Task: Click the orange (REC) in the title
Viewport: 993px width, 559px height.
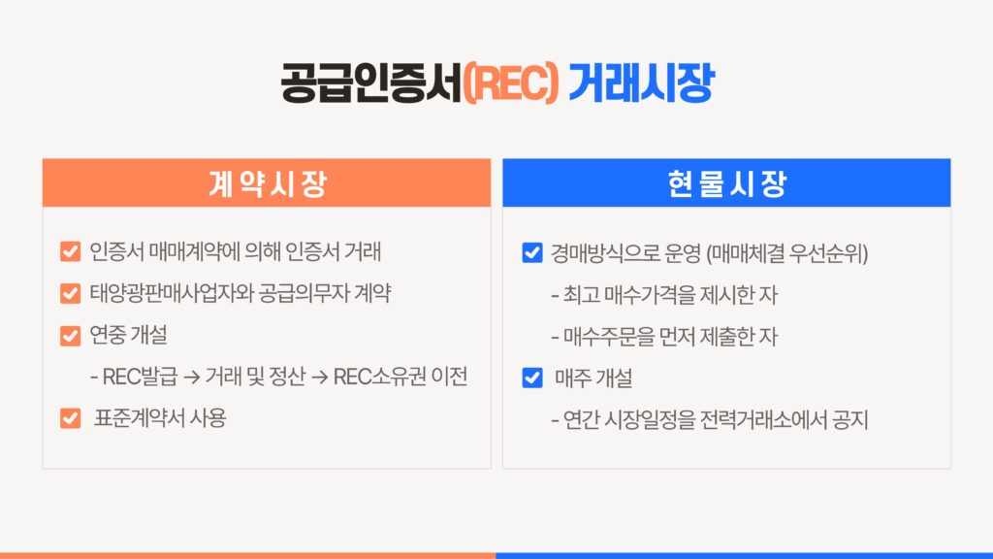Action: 511,83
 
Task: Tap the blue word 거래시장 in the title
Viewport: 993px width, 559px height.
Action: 642,83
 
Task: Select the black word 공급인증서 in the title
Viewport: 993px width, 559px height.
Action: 371,83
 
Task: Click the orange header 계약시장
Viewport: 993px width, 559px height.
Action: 268,183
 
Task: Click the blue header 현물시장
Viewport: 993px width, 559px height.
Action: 727,183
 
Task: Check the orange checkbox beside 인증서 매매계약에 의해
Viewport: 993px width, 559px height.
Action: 70,251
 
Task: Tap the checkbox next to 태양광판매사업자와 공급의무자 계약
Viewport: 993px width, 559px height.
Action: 70,293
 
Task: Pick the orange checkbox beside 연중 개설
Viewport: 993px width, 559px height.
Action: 70,335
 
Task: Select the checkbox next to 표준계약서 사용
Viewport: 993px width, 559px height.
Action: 70,418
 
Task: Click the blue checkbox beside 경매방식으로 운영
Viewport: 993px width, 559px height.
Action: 532,252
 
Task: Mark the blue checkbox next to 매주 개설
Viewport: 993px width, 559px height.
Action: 532,378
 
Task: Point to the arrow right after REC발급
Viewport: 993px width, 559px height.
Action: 192,378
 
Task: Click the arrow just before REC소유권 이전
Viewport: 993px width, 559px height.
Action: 320,378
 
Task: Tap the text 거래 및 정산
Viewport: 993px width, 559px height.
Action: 255,377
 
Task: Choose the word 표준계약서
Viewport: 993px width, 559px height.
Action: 140,417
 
